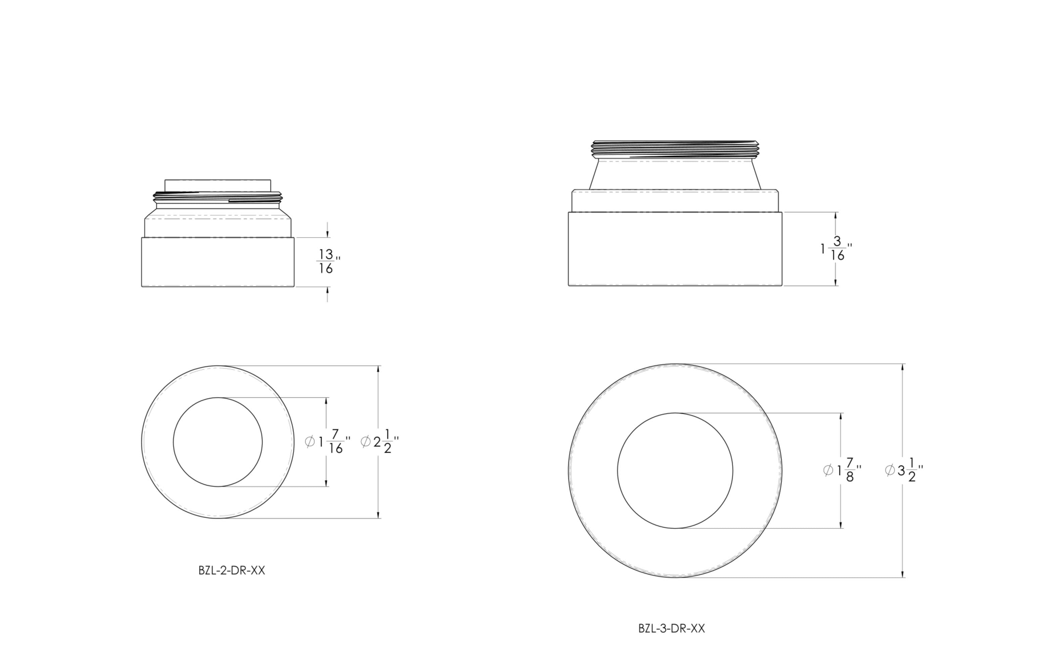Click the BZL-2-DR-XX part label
coord(232,571)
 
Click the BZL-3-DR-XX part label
coord(672,628)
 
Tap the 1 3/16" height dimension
coord(836,249)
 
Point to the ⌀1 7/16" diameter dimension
coord(327,442)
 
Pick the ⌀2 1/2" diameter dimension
coord(380,442)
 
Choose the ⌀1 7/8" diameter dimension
coord(842,470)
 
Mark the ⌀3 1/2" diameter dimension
coord(904,470)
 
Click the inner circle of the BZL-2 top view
coord(218,397)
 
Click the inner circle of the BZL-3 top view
coord(675,413)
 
